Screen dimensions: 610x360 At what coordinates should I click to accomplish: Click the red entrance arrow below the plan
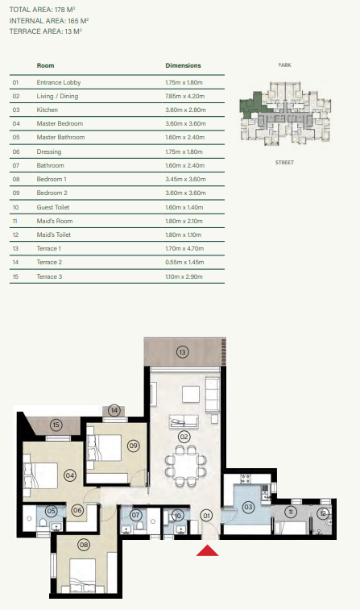208,551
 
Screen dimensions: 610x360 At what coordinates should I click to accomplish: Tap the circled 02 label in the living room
184,437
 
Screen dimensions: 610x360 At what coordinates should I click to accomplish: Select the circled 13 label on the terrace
183,352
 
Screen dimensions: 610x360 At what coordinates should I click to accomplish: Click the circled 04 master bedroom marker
70,475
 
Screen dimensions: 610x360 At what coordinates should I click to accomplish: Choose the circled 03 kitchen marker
248,507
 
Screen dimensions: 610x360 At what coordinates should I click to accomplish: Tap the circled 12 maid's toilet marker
322,512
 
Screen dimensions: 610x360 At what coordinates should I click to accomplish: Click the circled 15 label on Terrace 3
56,425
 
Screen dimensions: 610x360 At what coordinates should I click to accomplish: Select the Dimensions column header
183,65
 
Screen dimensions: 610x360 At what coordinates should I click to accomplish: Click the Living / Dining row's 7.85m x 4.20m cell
184,96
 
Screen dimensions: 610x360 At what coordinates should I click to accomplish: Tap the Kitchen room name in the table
48,110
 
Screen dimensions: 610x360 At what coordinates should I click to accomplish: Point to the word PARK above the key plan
284,64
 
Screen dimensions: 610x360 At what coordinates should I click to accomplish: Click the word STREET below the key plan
284,162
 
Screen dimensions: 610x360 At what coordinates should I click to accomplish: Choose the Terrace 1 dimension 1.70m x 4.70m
184,248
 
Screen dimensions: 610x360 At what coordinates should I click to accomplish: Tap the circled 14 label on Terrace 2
115,410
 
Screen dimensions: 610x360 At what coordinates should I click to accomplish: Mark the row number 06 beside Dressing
15,151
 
